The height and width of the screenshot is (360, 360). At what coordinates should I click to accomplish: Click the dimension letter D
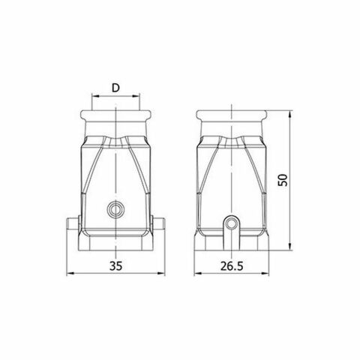coord(115,88)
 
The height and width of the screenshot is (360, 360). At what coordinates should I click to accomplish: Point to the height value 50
coord(283,181)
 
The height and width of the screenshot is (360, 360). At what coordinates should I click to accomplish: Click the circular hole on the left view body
coord(115,208)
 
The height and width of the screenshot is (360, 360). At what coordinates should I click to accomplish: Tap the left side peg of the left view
coord(72,223)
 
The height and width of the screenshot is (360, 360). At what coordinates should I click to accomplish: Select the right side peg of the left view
coord(159,223)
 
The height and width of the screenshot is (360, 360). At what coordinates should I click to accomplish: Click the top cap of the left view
coord(115,118)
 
